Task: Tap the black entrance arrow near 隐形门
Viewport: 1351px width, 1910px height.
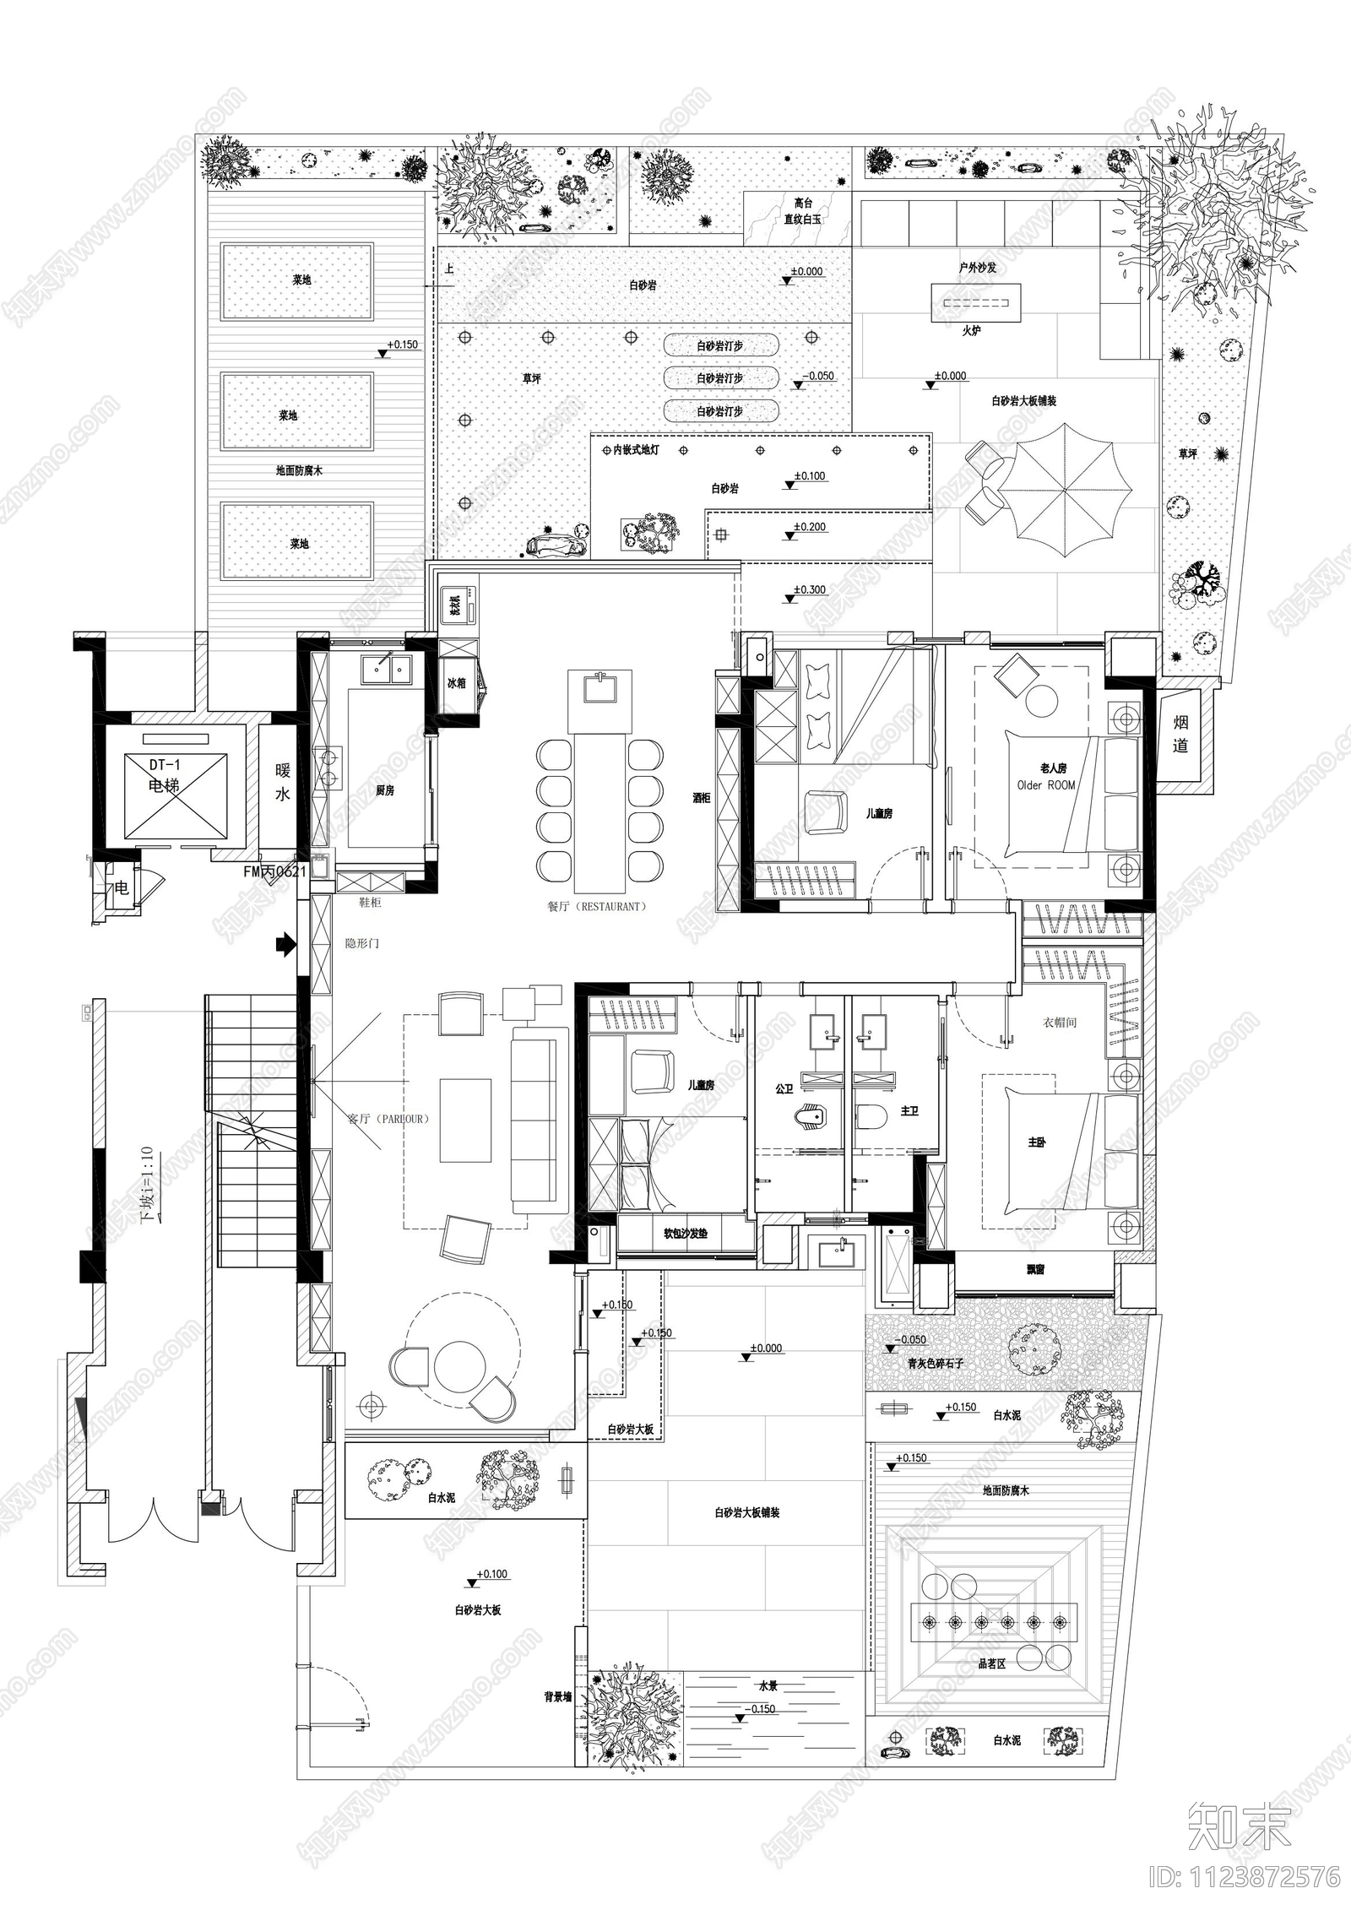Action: (x=287, y=944)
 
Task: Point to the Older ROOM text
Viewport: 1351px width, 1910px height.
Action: (x=1046, y=785)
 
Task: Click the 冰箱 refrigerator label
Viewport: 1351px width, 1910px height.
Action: (x=456, y=682)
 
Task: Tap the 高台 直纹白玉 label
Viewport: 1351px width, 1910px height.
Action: (x=802, y=211)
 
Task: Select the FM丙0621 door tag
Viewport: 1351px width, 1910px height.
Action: (x=274, y=871)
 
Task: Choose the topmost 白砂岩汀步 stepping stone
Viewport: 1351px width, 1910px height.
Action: (x=720, y=345)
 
